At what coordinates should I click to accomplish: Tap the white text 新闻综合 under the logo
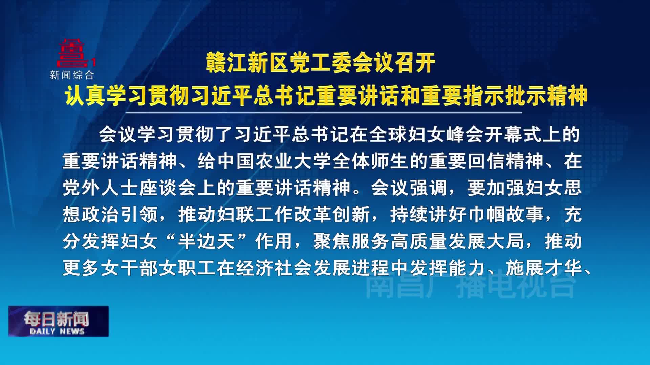(x=72, y=75)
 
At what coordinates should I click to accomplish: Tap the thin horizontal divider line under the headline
(x=324, y=112)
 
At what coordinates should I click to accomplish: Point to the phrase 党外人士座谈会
(x=130, y=188)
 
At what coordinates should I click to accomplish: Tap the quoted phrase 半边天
(x=207, y=241)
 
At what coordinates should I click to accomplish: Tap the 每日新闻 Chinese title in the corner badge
(x=57, y=318)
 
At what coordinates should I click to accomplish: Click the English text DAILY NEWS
(x=57, y=331)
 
